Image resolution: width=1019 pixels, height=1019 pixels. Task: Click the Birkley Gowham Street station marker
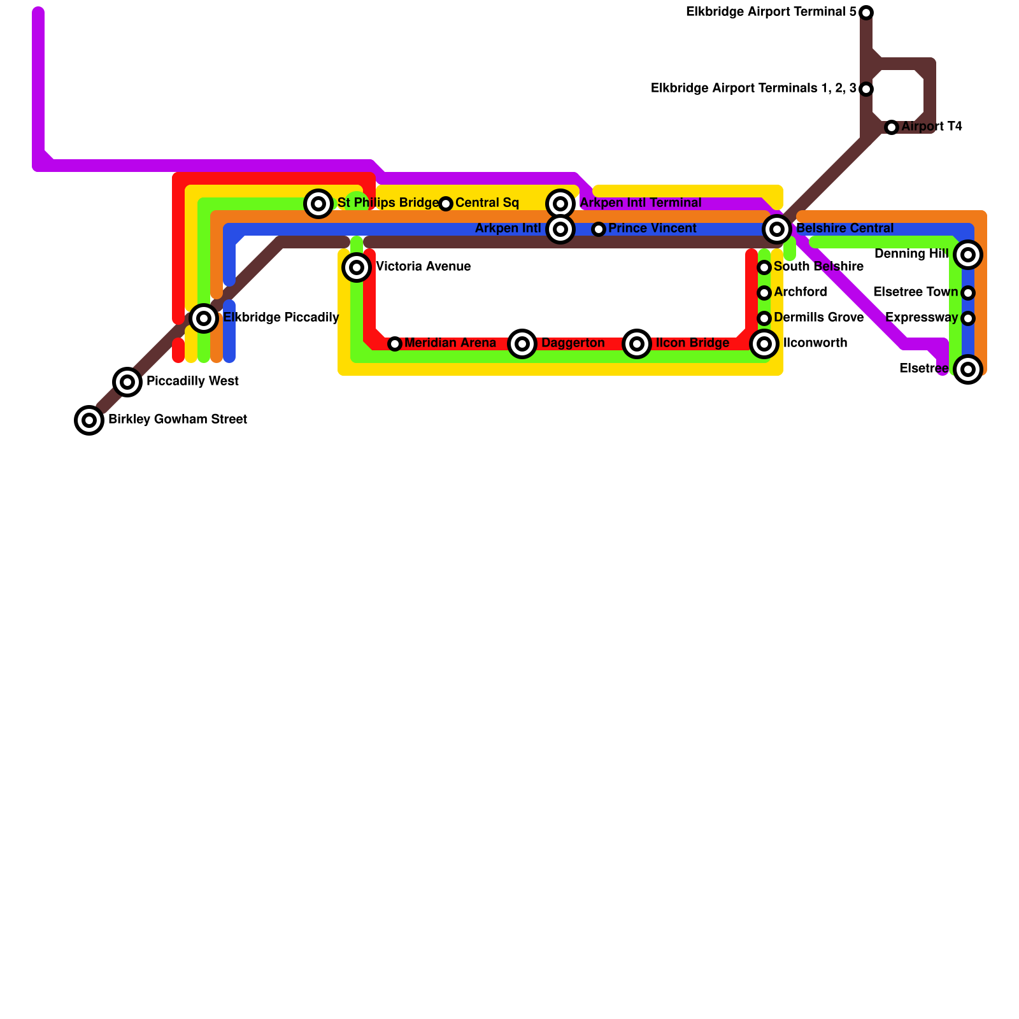[89, 420]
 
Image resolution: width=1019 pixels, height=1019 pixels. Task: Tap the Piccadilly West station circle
[127, 382]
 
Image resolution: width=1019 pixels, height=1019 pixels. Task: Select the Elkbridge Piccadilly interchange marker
[204, 318]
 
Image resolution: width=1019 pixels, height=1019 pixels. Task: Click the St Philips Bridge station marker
[318, 204]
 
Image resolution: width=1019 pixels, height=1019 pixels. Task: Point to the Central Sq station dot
[446, 204]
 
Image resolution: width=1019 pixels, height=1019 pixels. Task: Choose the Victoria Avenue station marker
[357, 267]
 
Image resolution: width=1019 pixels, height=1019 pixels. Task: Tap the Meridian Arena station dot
[395, 344]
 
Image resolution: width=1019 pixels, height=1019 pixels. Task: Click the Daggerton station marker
[522, 344]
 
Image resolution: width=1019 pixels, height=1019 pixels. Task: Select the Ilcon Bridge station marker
[637, 344]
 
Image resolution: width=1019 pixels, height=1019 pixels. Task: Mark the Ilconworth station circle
[764, 344]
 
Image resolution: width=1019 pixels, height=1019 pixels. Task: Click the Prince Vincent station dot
[599, 229]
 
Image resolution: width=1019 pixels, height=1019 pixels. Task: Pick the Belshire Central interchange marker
[777, 229]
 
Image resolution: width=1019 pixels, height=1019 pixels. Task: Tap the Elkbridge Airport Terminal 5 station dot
[866, 13]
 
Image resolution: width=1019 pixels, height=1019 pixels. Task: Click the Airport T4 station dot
[892, 127]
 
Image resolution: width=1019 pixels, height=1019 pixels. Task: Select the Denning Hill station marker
[968, 255]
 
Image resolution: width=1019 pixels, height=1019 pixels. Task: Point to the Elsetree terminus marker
[968, 369]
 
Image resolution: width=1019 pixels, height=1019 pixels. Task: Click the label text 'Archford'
[801, 292]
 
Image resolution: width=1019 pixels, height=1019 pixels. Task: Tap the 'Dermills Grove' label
[818, 318]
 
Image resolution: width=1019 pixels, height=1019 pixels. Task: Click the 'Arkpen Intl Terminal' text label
[641, 203]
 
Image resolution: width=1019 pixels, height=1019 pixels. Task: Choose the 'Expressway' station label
[922, 318]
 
